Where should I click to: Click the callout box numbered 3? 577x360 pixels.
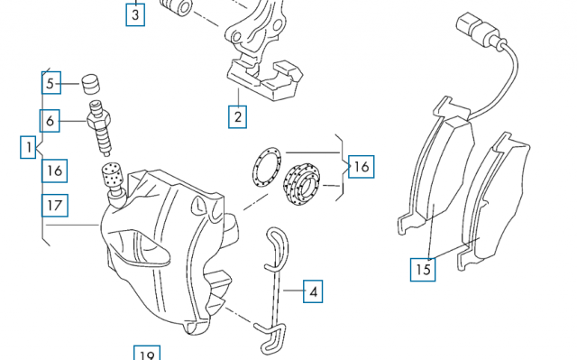pyautogui.click(x=135, y=14)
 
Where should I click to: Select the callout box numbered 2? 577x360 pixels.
pyautogui.click(x=237, y=117)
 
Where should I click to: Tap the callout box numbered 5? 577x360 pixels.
pyautogui.click(x=51, y=83)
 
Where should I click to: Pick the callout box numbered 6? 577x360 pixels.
pyautogui.click(x=50, y=121)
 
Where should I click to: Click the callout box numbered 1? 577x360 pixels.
pyautogui.click(x=28, y=147)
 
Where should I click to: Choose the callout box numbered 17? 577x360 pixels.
pyautogui.click(x=55, y=206)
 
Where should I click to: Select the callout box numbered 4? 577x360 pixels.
pyautogui.click(x=313, y=291)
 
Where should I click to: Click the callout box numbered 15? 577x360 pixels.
pyautogui.click(x=423, y=270)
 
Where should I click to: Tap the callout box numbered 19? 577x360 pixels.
pyautogui.click(x=147, y=354)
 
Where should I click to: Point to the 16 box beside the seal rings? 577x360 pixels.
pyautogui.click(x=361, y=167)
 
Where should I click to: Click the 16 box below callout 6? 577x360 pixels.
pyautogui.click(x=54, y=171)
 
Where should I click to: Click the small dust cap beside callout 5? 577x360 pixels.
pyautogui.click(x=90, y=84)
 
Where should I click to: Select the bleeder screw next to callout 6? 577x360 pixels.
pyautogui.click(x=99, y=127)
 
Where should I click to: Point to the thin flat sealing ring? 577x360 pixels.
pyautogui.click(x=267, y=169)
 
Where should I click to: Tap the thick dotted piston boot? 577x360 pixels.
pyautogui.click(x=301, y=184)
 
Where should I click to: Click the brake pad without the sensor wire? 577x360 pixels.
pyautogui.click(x=495, y=200)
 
